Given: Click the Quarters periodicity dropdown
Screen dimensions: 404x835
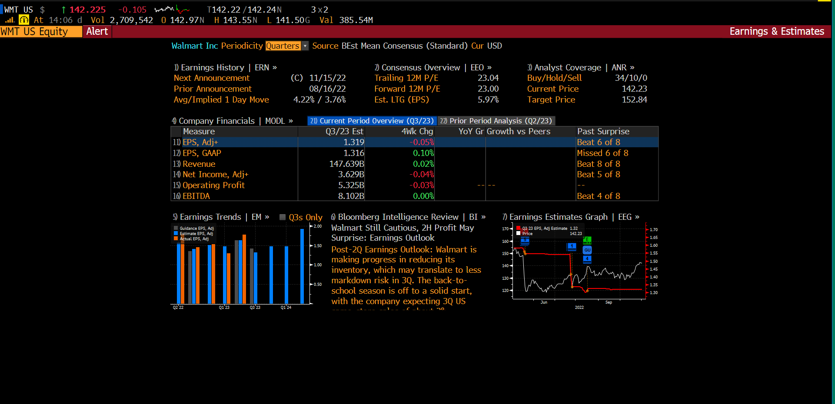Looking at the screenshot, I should pyautogui.click(x=286, y=46).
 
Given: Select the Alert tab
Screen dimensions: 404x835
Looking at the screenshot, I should pyautogui.click(x=97, y=32).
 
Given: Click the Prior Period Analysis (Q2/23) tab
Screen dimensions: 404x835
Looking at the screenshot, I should pyautogui.click(x=496, y=121).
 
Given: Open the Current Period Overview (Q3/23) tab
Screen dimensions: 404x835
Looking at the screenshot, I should pyautogui.click(x=372, y=121).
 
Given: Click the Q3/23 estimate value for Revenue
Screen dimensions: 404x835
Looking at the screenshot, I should pyautogui.click(x=346, y=164).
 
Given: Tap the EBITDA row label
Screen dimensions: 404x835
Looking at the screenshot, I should pyautogui.click(x=196, y=196).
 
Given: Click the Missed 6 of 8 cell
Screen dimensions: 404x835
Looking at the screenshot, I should pyautogui.click(x=602, y=153).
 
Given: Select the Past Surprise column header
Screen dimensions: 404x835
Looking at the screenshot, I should pyautogui.click(x=603, y=131).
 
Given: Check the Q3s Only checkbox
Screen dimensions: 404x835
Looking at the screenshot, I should pyautogui.click(x=283, y=217).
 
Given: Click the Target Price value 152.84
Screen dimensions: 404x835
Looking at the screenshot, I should pyautogui.click(x=634, y=99).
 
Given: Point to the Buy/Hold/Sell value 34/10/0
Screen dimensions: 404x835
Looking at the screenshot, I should pyautogui.click(x=631, y=78).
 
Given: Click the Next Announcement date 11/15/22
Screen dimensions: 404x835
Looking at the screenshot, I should pyautogui.click(x=327, y=78).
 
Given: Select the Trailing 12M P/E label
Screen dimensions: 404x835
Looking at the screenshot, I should pyautogui.click(x=406, y=78).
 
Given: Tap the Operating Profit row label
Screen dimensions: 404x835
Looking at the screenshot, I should pyautogui.click(x=213, y=185).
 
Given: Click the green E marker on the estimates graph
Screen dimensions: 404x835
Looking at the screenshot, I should pyautogui.click(x=587, y=240).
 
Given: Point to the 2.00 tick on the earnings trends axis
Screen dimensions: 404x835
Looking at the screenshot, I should pyautogui.click(x=318, y=226).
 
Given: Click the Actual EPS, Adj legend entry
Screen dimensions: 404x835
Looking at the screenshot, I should pyautogui.click(x=194, y=238).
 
